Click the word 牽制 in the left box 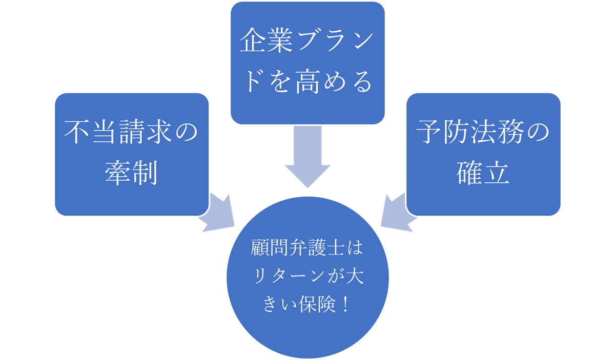132,174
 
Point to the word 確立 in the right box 483,174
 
